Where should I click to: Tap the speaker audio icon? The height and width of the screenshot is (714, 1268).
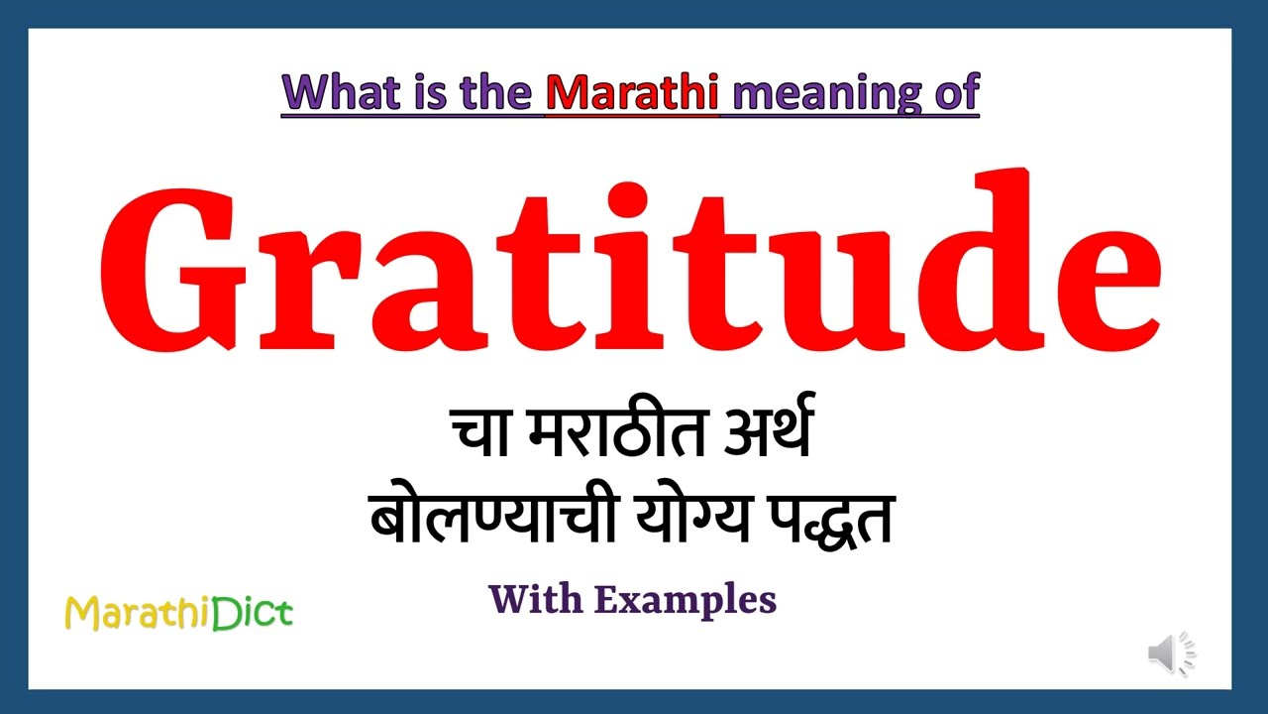coord(1172,654)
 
